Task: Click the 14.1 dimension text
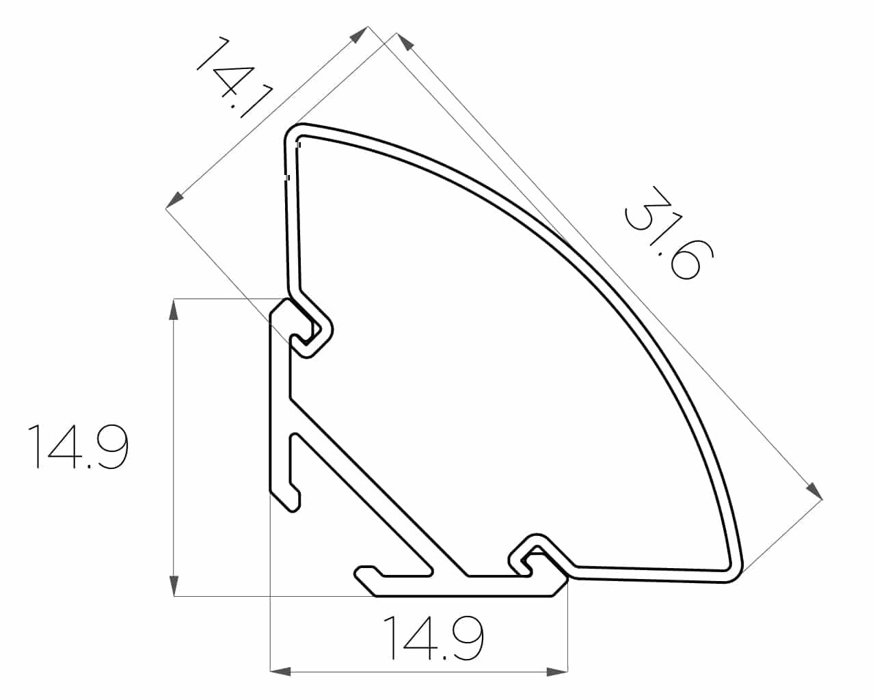[234, 77]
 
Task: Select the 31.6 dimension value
[668, 232]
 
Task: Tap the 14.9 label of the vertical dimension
[78, 446]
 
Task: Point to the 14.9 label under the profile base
[433, 638]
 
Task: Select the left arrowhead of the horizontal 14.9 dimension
[281, 671]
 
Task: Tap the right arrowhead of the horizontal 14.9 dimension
[557, 671]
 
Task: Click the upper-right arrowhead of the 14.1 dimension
[359, 35]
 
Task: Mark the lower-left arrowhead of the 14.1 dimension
[174, 200]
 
